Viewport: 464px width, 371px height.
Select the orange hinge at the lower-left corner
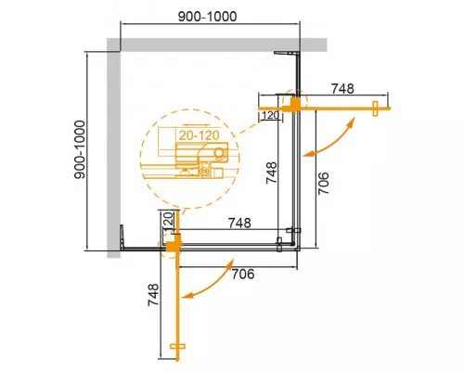172,244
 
